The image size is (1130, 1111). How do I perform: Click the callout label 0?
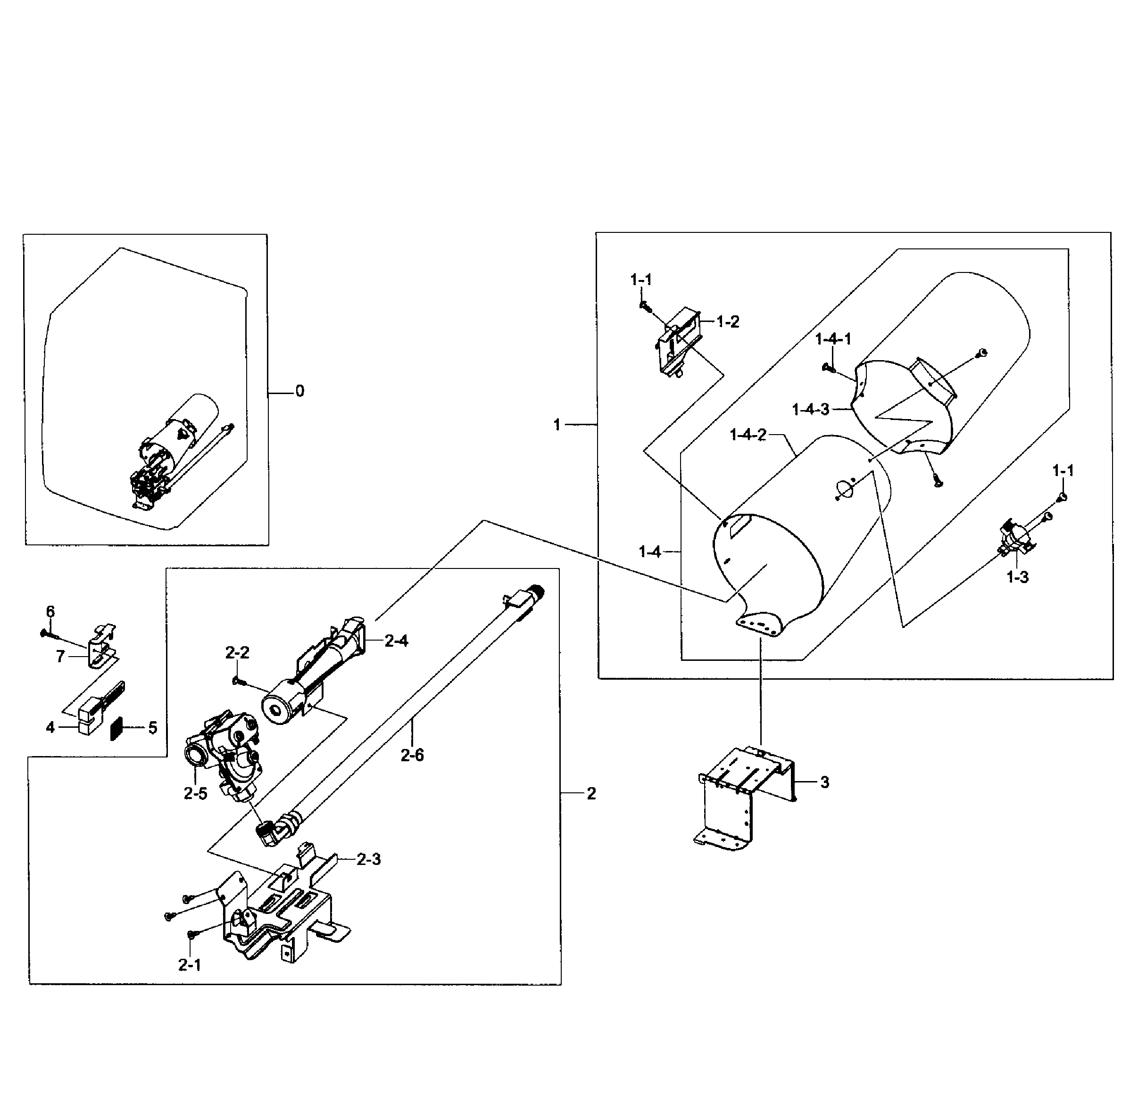coord(299,391)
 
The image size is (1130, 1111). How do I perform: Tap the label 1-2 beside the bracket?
coord(727,321)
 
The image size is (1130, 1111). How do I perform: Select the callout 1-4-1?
coord(832,339)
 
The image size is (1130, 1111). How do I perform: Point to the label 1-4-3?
coord(810,410)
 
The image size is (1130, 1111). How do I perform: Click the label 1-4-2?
coord(747,435)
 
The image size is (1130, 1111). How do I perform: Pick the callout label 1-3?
coord(1017,577)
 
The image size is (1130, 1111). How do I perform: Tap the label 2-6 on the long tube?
coord(412,755)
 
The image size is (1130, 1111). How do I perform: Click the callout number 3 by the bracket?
coord(824,782)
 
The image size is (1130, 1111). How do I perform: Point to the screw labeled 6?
coord(46,633)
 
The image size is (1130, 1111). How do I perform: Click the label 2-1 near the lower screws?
coord(189,965)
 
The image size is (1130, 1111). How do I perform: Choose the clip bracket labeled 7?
coord(100,648)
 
